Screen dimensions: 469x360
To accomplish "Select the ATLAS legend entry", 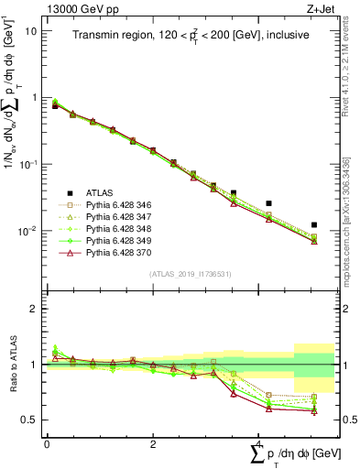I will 102,193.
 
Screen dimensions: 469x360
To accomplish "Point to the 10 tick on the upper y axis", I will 31,31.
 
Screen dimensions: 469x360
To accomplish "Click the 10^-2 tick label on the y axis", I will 27,231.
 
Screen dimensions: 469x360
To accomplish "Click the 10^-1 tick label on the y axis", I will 27,164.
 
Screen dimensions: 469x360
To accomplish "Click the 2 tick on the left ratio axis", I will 34,309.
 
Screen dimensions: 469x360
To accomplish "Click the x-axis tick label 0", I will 47,444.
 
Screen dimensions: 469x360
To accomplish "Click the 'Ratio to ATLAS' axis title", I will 10,364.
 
